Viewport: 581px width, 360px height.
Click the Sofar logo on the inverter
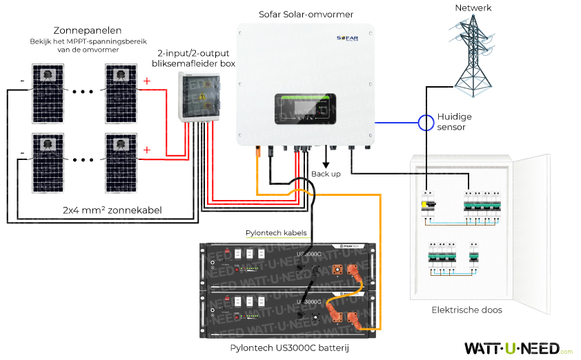click(348, 39)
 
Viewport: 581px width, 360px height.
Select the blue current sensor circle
click(425, 123)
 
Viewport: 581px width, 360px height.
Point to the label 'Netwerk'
click(473, 8)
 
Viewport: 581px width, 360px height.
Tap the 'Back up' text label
click(326, 174)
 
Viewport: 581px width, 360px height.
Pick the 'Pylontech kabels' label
click(276, 233)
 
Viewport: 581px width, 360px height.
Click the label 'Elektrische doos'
click(466, 310)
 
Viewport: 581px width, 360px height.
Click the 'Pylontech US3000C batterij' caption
click(290, 348)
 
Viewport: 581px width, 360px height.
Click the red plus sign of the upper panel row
click(146, 81)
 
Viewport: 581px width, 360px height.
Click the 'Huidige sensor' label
click(464, 122)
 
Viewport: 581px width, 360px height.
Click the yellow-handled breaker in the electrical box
click(428, 205)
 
